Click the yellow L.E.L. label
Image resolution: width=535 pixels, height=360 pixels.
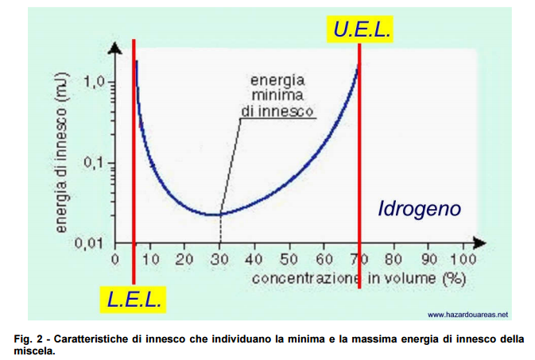(135, 299)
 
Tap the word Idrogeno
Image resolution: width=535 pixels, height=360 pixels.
(419, 209)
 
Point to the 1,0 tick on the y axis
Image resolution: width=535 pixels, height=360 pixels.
(95, 82)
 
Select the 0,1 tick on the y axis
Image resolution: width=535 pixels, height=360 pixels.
(95, 163)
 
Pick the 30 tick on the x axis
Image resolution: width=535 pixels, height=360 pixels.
(219, 259)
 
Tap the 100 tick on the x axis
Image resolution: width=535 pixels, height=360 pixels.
(463, 259)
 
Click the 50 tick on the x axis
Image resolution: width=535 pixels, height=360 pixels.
(289, 259)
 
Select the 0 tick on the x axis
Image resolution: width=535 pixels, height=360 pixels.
(115, 259)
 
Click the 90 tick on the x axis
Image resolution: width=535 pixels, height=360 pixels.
(428, 259)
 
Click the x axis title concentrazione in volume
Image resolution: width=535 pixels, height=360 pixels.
(358, 278)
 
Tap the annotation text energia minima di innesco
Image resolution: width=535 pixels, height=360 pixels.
(277, 95)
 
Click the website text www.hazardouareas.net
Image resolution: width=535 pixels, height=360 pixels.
(468, 314)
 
